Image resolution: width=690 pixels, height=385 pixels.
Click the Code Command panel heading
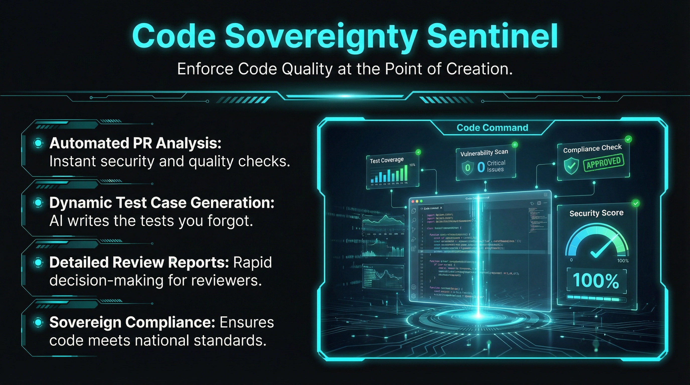pyautogui.click(x=492, y=128)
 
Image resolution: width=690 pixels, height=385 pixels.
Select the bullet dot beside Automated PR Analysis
pyautogui.click(x=38, y=143)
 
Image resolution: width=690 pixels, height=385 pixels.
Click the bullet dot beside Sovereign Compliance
pyautogui.click(x=38, y=322)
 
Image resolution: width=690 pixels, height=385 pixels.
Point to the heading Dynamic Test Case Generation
pyautogui.click(x=161, y=203)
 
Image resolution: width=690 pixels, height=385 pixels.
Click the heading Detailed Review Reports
pyautogui.click(x=139, y=262)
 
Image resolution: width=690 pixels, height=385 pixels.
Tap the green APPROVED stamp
pyautogui.click(x=604, y=162)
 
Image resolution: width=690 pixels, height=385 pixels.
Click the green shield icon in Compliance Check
pyautogui.click(x=571, y=166)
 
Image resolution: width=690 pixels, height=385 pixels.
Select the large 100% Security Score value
pyautogui.click(x=596, y=281)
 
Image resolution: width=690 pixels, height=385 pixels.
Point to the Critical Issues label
pyautogui.click(x=496, y=166)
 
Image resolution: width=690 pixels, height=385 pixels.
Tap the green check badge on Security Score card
pyautogui.click(x=635, y=203)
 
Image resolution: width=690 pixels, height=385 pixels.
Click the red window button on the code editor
pyautogui.click(x=413, y=201)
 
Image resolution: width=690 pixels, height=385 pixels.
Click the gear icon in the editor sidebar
pyautogui.click(x=413, y=296)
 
